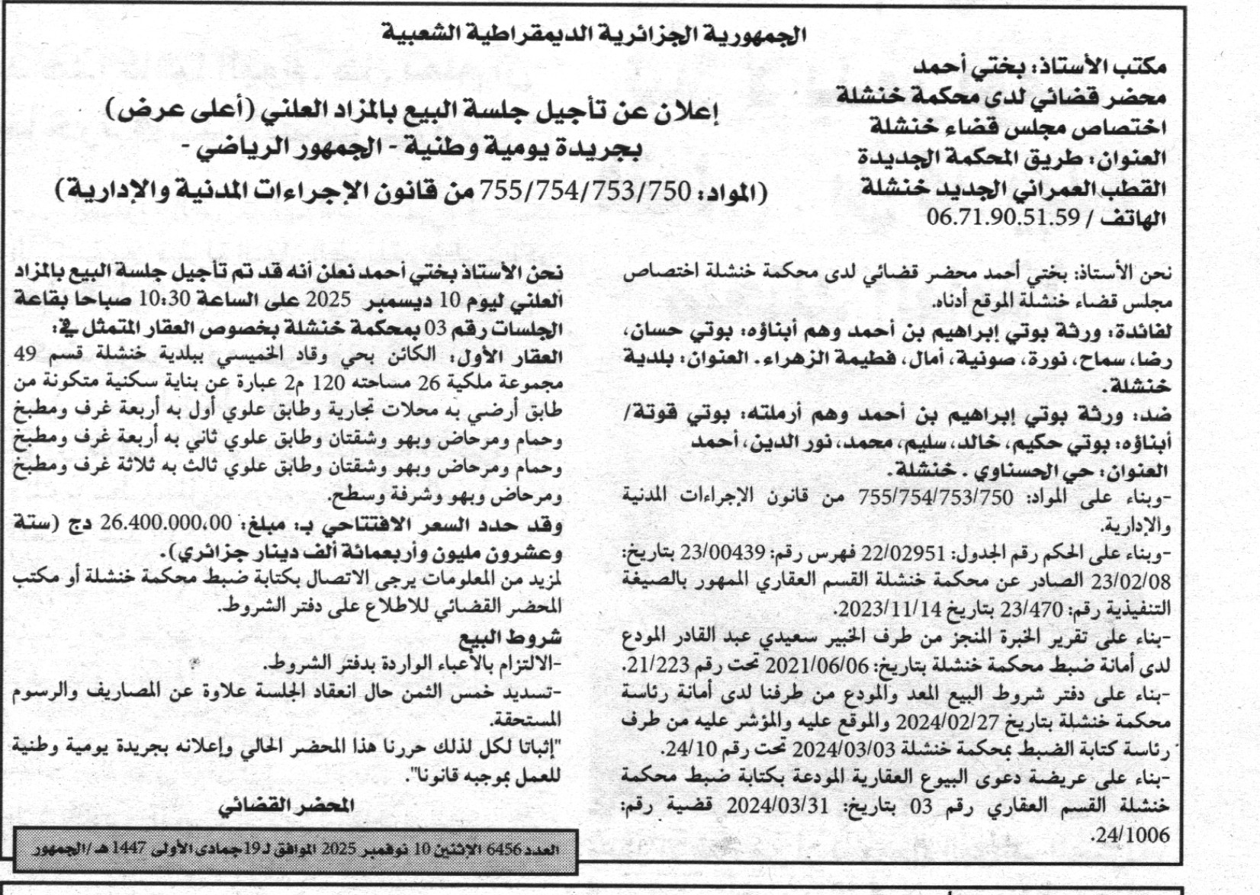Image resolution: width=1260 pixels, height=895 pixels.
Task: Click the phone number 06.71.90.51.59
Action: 1004,217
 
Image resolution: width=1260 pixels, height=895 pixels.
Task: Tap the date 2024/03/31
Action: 777,807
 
